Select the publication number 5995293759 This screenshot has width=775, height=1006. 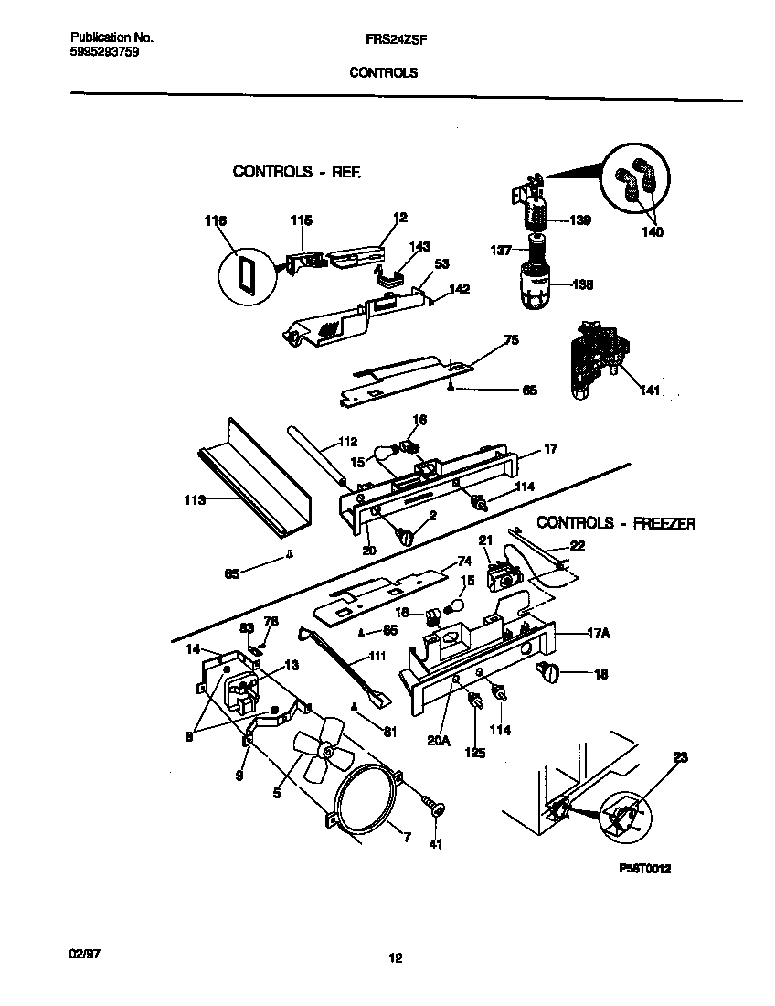(105, 53)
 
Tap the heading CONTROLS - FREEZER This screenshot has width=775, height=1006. (616, 523)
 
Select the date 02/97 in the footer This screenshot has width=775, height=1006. (84, 952)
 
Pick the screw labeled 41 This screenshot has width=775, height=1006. (433, 808)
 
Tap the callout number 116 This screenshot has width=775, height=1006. (215, 220)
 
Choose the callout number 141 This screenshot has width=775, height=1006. (651, 391)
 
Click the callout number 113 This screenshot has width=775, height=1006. (194, 500)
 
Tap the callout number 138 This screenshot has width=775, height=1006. (581, 284)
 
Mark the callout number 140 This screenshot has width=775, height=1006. (652, 232)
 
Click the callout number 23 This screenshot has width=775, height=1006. (681, 757)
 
